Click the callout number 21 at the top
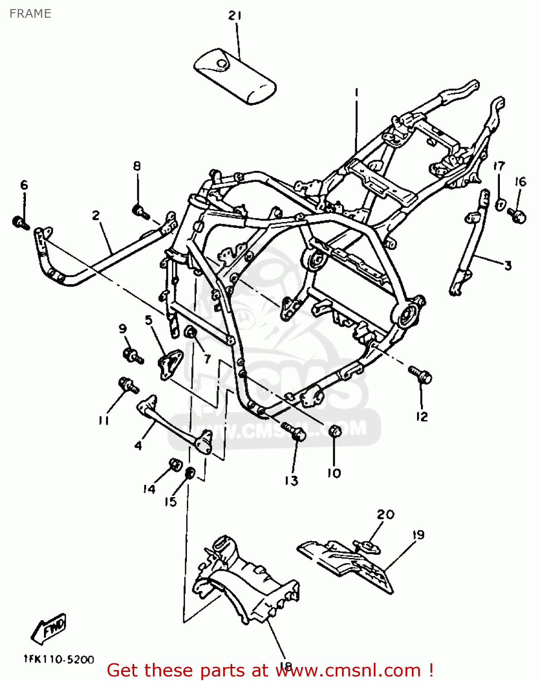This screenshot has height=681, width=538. click(235, 16)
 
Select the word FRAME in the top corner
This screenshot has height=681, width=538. click(30, 14)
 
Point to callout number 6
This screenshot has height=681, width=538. click(24, 185)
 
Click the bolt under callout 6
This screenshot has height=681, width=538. click(20, 222)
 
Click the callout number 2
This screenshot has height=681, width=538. click(96, 215)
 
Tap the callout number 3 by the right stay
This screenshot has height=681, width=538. click(508, 266)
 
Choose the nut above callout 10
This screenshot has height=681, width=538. click(334, 430)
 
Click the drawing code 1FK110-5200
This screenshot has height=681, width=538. click(59, 659)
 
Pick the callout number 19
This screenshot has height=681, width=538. click(418, 535)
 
